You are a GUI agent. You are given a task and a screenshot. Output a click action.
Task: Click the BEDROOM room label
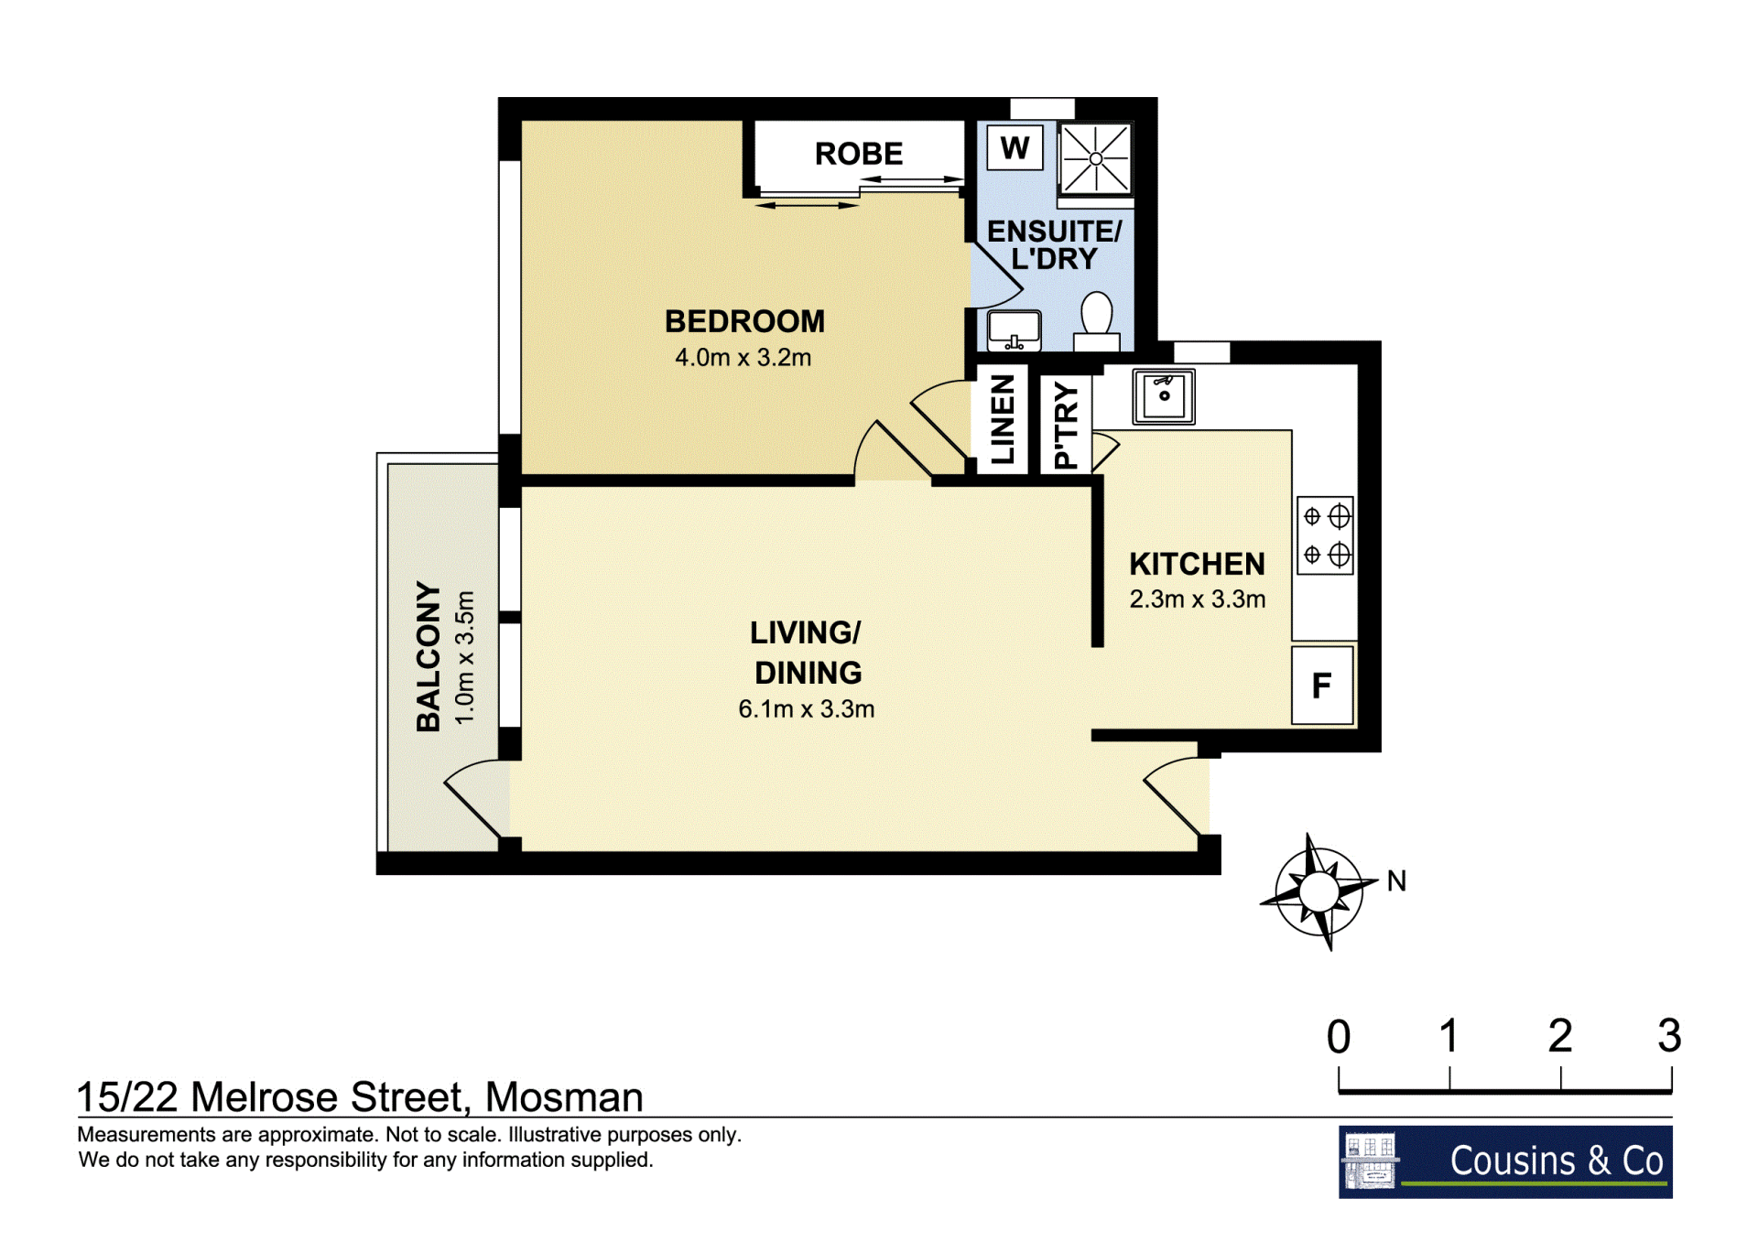pyautogui.click(x=744, y=321)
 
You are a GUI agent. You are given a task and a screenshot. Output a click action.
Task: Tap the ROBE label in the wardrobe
pyautogui.click(x=859, y=154)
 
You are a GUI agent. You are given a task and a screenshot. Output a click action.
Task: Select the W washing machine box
pyautogui.click(x=1015, y=147)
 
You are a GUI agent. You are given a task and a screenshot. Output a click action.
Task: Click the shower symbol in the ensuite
pyautogui.click(x=1096, y=158)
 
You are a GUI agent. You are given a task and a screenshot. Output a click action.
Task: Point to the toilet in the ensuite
pyautogui.click(x=1097, y=321)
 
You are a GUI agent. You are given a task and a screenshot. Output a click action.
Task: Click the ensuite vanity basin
pyautogui.click(x=1015, y=330)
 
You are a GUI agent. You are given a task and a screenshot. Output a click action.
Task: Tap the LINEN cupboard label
pyautogui.click(x=1003, y=419)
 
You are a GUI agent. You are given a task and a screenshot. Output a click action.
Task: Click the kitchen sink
pyautogui.click(x=1164, y=396)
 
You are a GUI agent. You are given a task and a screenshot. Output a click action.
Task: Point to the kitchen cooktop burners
pyautogui.click(x=1326, y=535)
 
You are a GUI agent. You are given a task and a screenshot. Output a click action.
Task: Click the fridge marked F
pyautogui.click(x=1322, y=686)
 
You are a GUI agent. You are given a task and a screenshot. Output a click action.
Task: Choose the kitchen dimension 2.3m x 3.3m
pyautogui.click(x=1198, y=599)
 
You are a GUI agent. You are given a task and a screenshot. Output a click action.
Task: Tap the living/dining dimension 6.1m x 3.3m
pyautogui.click(x=807, y=709)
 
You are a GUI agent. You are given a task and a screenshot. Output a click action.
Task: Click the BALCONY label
pyautogui.click(x=429, y=656)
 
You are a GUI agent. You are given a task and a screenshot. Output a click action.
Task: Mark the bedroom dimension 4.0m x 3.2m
pyautogui.click(x=743, y=358)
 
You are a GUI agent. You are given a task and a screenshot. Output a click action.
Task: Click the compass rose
pyautogui.click(x=1318, y=891)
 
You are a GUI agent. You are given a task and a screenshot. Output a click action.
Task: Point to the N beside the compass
pyautogui.click(x=1396, y=881)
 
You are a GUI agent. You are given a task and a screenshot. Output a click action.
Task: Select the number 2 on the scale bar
pyautogui.click(x=1560, y=1036)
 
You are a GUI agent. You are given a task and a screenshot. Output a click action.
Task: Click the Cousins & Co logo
pyautogui.click(x=1505, y=1161)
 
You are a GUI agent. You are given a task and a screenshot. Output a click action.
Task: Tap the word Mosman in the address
pyautogui.click(x=564, y=1096)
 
